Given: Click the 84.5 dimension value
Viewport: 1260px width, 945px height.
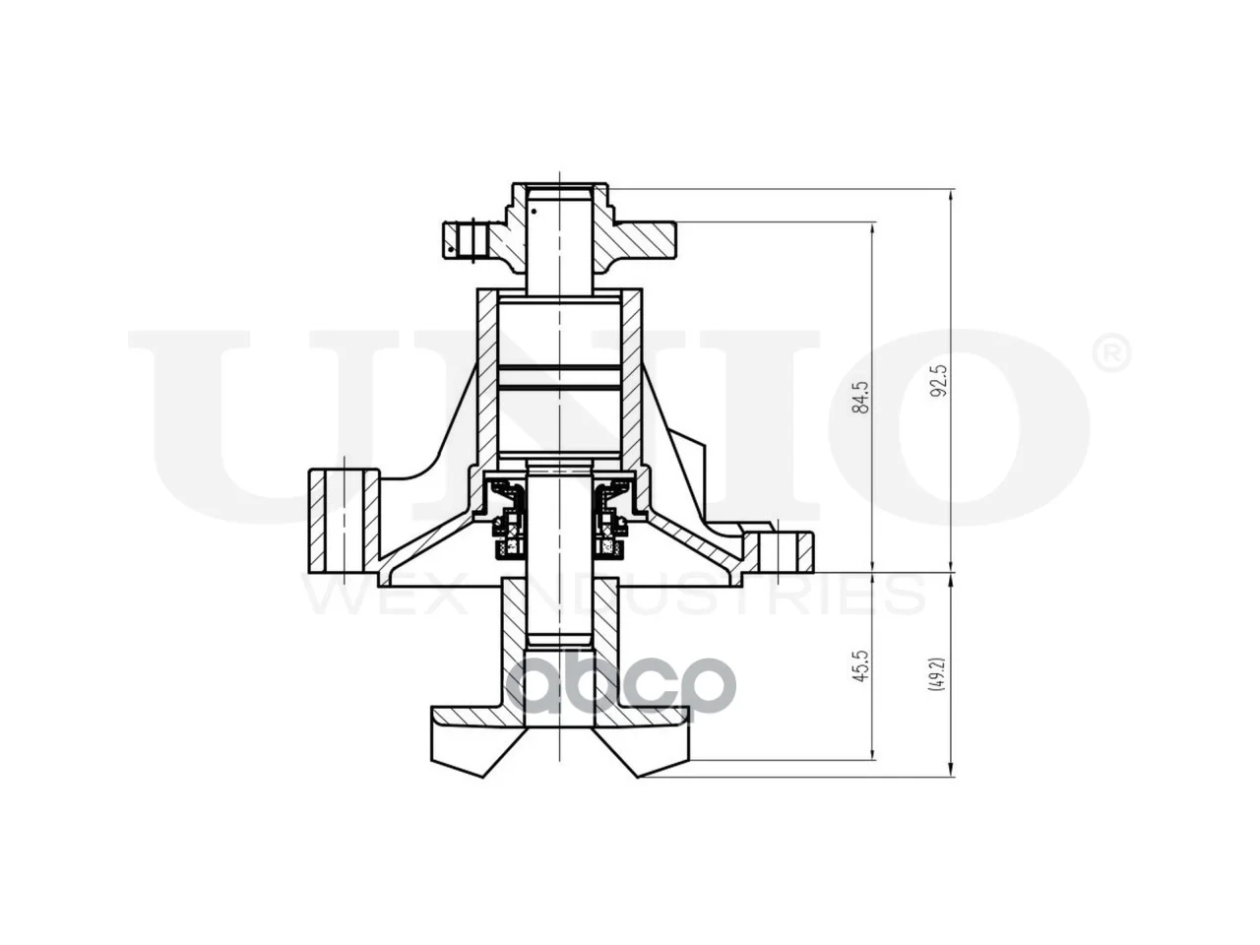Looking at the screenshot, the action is (x=860, y=397).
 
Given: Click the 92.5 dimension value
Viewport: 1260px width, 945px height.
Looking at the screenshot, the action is (x=940, y=381).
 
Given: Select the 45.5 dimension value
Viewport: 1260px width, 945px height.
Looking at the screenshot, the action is (x=860, y=665).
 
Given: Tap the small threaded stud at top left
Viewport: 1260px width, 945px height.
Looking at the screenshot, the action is (x=465, y=240).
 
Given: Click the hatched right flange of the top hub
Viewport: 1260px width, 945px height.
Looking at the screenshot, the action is (x=643, y=240).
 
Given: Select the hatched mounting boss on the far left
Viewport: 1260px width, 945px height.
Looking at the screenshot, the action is (x=344, y=521).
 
